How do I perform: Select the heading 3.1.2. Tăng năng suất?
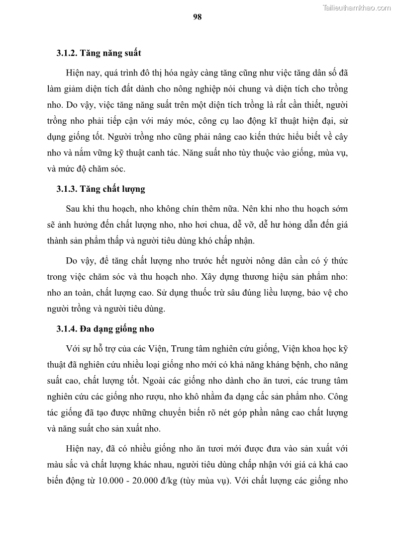coord(99,52)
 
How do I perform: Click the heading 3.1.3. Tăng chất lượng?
coord(100,189)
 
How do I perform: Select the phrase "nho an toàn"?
coord(76,293)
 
